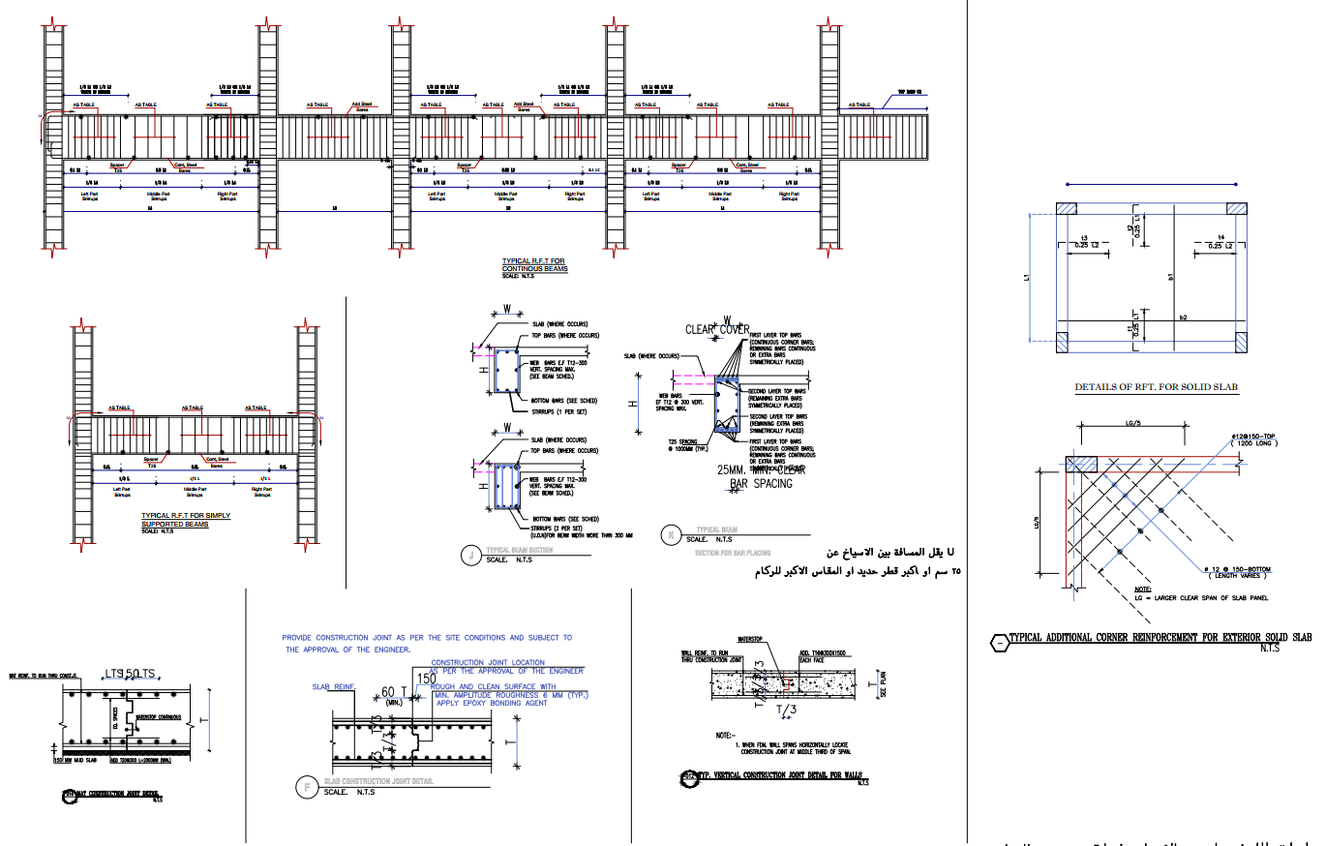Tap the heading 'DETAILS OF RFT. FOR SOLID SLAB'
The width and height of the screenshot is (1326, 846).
(x=1157, y=387)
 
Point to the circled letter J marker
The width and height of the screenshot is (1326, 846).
(x=470, y=555)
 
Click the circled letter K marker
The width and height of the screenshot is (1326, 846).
(x=671, y=533)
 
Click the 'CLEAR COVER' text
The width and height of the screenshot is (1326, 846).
(x=717, y=329)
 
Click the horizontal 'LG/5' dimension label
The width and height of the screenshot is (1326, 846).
(x=1131, y=422)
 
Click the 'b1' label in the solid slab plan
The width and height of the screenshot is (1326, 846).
(x=1170, y=277)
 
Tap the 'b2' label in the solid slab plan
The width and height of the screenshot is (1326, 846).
(x=1183, y=317)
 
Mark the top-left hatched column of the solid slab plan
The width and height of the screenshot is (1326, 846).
(x=1067, y=209)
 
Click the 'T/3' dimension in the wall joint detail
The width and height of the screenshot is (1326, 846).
(x=787, y=710)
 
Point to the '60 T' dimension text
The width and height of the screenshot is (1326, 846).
(x=392, y=692)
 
